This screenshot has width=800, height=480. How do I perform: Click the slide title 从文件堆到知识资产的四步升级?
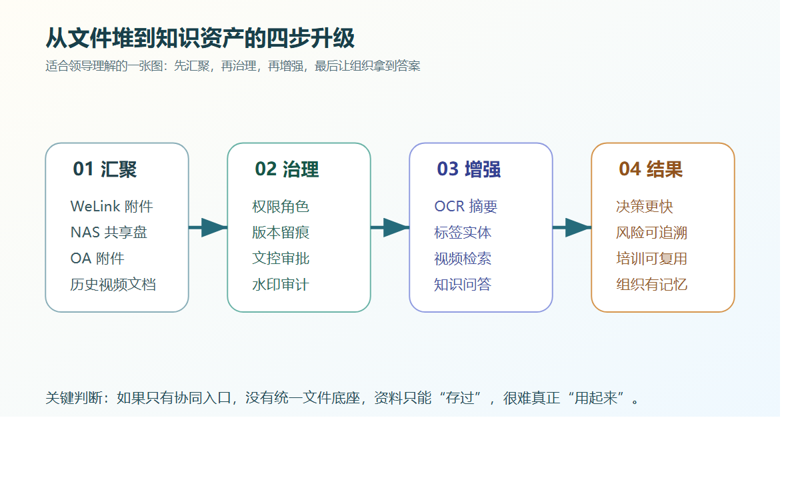[x=200, y=39]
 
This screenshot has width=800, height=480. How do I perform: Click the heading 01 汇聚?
[x=105, y=169]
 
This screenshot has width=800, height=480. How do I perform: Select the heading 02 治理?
[x=287, y=169]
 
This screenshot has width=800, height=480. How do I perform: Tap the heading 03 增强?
[x=469, y=169]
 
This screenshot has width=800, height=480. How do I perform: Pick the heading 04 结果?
[x=651, y=169]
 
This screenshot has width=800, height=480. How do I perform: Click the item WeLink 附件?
[x=111, y=207]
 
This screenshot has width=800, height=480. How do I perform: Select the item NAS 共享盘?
[x=109, y=233]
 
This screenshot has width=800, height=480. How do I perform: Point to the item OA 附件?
[x=97, y=259]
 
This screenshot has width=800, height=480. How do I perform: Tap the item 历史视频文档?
[x=113, y=285]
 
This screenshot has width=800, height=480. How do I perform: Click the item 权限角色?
[x=281, y=207]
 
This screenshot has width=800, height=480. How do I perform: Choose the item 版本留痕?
[x=281, y=233]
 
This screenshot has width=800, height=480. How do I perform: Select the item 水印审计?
[x=281, y=285]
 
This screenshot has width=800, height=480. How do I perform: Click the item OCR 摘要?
[x=465, y=207]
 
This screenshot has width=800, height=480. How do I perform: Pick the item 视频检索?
[x=463, y=259]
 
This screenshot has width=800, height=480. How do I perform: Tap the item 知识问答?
[x=463, y=285]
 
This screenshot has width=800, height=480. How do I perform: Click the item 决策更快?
[x=645, y=207]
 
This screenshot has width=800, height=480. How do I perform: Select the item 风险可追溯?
[x=651, y=233]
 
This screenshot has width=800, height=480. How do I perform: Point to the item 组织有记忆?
[x=651, y=285]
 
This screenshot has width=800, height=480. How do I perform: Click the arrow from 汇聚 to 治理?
[x=208, y=228]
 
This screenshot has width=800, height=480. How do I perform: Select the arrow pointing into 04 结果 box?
[x=572, y=228]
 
